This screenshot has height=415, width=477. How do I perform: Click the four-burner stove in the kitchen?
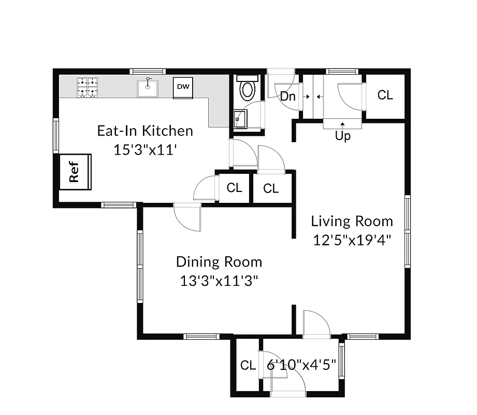point(88,87)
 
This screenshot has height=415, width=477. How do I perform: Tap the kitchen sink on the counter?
point(148,88)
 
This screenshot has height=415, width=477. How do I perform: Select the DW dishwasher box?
point(183,87)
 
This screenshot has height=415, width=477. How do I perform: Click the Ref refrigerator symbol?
point(75,172)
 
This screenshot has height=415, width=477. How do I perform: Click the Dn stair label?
point(287,96)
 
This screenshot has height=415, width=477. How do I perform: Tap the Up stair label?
point(343,136)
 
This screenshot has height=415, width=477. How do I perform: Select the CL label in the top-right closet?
point(385,95)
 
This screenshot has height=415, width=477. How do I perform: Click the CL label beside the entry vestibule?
point(248,365)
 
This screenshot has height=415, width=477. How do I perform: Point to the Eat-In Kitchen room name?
point(145,131)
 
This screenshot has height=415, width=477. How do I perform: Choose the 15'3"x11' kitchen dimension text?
point(145,149)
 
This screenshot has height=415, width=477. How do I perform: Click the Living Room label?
point(352,222)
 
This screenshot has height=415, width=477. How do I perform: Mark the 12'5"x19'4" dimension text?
point(352,240)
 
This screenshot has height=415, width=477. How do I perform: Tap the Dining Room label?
point(219,262)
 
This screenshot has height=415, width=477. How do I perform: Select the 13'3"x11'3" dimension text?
point(219,281)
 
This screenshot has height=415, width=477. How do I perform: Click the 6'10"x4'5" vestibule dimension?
point(301,365)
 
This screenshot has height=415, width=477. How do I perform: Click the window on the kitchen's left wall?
point(56,135)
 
